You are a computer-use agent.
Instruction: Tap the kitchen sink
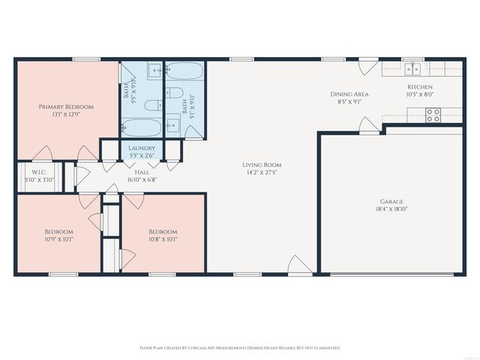click(412, 70)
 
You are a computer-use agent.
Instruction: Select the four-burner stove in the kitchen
click(433, 115)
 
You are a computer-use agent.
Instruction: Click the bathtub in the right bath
click(185, 73)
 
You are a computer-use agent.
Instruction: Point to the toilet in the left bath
click(151, 104)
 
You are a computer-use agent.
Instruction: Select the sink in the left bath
click(156, 71)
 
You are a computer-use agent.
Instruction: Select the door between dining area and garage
click(369, 125)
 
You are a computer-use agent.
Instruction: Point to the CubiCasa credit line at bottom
click(240, 348)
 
